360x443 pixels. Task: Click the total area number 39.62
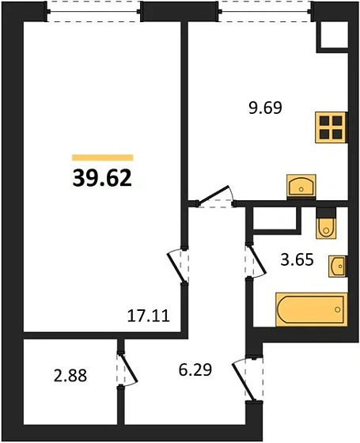pos(102,179)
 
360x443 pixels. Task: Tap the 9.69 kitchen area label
pos(265,108)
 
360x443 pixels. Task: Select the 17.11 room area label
pos(149,316)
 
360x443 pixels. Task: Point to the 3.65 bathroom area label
pos(297,259)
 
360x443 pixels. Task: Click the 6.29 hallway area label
pos(195,369)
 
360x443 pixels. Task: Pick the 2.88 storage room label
pos(70,376)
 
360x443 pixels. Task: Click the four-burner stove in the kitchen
pos(332,127)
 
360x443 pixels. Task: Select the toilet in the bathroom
pos(326,223)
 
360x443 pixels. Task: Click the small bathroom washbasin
pos(338,266)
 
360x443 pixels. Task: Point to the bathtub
pos(312,309)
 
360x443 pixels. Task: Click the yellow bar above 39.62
pos(103,157)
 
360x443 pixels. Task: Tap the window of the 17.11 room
pos(94,12)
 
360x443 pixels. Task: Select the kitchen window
pos(264,12)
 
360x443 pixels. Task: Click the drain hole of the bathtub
pos(337,309)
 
